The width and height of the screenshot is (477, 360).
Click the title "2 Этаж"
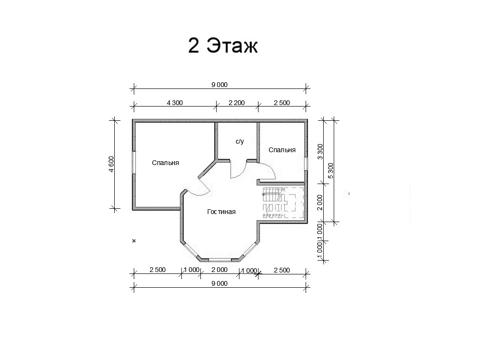pyautogui.click(x=223, y=46)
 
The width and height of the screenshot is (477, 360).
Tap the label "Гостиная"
pyautogui.click(x=221, y=212)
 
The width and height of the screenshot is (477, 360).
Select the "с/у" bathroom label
pyautogui.click(x=240, y=142)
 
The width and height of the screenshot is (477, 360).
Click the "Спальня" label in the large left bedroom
pyautogui.click(x=166, y=163)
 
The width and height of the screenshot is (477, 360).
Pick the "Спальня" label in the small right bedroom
pyautogui.click(x=282, y=150)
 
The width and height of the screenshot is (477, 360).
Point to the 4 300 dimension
pyautogui.click(x=175, y=103)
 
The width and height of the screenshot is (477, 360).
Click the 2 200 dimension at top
pyautogui.click(x=237, y=103)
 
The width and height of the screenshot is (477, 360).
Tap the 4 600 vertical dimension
pyautogui.click(x=111, y=165)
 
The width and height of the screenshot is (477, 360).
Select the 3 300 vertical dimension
pyautogui.click(x=320, y=152)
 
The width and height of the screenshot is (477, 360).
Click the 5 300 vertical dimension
pyautogui.click(x=331, y=171)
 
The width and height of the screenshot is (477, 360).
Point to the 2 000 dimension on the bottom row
pyautogui.click(x=219, y=270)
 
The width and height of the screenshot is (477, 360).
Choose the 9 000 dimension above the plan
pyautogui.click(x=219, y=85)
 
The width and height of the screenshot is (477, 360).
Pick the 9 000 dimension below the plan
pyautogui.click(x=219, y=283)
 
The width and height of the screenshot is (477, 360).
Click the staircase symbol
pyautogui.click(x=283, y=203)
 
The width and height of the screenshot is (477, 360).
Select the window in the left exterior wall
pyautogui.click(x=134, y=163)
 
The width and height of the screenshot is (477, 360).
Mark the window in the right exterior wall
pyautogui.click(x=306, y=164)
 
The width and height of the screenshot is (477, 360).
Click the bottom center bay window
pyautogui.click(x=220, y=260)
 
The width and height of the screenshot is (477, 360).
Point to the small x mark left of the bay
pyautogui.click(x=134, y=241)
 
